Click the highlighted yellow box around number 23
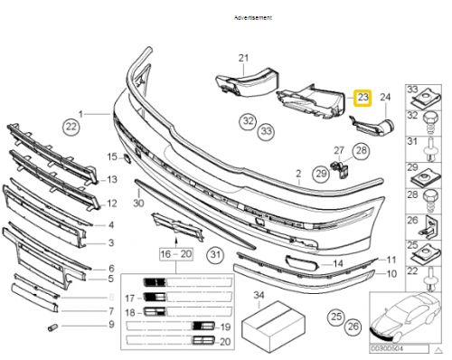[x=363, y=97]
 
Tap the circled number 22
[x=71, y=129]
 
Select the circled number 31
[x=214, y=258]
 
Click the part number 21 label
[x=242, y=59]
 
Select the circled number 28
[x=359, y=151]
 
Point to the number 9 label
[x=110, y=324]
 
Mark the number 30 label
[x=137, y=203]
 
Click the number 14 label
[x=337, y=263]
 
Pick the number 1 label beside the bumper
[x=80, y=114]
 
